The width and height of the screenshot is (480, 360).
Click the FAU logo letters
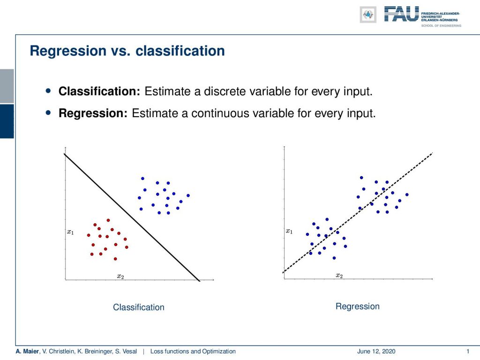pyautogui.click(x=401, y=14)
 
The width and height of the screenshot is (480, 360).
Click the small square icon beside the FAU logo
pyautogui.click(x=368, y=15)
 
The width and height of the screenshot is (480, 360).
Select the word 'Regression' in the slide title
pyautogui.click(x=68, y=51)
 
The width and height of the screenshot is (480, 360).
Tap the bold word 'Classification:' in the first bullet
pyautogui.click(x=99, y=91)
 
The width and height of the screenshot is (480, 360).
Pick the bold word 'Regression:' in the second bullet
pyautogui.click(x=93, y=113)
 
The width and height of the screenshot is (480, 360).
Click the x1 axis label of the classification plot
pyautogui.click(x=70, y=232)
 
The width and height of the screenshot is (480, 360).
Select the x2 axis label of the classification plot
pyautogui.click(x=120, y=277)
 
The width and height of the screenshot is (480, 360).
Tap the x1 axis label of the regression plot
pyautogui.click(x=289, y=231)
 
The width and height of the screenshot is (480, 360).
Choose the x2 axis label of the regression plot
pyautogui.click(x=339, y=276)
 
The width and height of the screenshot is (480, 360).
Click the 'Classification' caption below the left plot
pyautogui.click(x=139, y=307)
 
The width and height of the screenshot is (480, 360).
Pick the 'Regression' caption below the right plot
pyautogui.click(x=358, y=307)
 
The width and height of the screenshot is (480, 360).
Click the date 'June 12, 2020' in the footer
pyautogui.click(x=376, y=351)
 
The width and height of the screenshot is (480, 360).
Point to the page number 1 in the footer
pyautogui.click(x=468, y=351)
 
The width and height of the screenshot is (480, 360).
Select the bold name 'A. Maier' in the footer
pyautogui.click(x=27, y=351)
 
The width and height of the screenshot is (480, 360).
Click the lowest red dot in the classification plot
pyautogui.click(x=115, y=259)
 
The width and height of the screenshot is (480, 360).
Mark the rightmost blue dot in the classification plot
pyautogui.click(x=188, y=195)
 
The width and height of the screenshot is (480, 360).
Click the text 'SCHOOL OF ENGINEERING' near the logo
pyautogui.click(x=441, y=26)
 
